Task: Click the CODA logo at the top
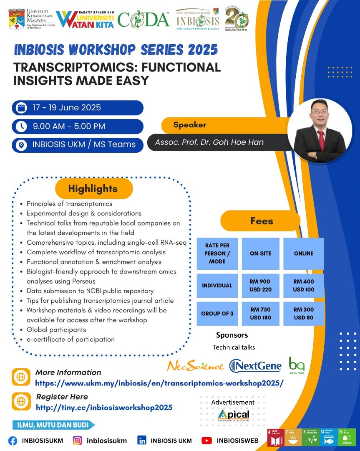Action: tap(143, 19)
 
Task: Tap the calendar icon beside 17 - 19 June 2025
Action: tap(21, 108)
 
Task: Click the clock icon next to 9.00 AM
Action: tap(21, 126)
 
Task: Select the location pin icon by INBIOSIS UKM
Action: tap(21, 145)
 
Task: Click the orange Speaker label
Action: tap(190, 125)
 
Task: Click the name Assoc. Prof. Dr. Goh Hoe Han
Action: tap(209, 142)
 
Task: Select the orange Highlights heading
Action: tap(93, 189)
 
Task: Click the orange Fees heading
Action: tap(262, 221)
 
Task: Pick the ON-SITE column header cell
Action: tap(260, 253)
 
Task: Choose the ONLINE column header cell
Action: tap(304, 253)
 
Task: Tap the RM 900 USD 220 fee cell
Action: tap(260, 286)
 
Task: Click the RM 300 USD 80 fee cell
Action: tap(304, 314)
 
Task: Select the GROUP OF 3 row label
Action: tap(217, 314)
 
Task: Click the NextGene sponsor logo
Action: tap(256, 366)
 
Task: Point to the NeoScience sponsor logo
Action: tap(195, 366)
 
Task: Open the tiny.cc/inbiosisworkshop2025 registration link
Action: tap(104, 408)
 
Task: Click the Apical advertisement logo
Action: tap(233, 415)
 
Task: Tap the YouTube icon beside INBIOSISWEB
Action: tap(207, 441)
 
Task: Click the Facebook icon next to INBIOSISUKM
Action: tap(13, 441)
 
